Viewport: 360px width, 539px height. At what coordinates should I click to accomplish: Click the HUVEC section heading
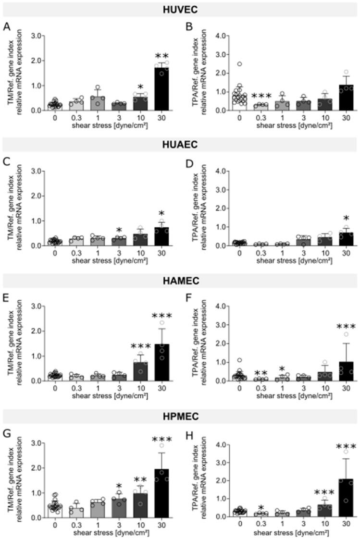(x=180, y=10)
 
